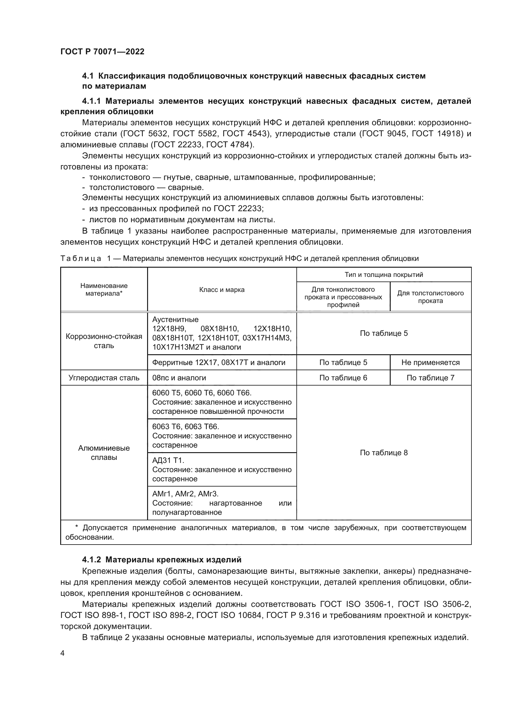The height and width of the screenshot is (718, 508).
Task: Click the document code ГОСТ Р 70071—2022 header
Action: point(102,52)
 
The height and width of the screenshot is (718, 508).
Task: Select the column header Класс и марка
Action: point(222,289)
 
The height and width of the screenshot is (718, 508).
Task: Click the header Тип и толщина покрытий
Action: point(384,274)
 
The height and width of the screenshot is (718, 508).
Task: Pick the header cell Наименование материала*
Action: point(104,289)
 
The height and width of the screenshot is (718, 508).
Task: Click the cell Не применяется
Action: point(430,363)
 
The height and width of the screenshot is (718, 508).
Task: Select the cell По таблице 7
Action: point(430,378)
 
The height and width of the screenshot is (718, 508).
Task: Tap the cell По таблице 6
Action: point(343,378)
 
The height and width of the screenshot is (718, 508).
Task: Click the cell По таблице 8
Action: point(384,453)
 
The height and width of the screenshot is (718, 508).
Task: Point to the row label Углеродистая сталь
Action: point(104,378)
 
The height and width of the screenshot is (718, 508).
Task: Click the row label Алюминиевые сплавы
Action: point(104,452)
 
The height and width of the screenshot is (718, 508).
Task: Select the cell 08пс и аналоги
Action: point(179,378)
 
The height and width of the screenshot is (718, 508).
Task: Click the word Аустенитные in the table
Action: point(175,320)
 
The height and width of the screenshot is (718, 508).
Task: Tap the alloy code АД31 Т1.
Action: point(168,460)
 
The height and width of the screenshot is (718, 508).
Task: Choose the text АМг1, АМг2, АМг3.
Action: point(185,494)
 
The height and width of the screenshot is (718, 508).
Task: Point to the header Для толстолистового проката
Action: point(430,297)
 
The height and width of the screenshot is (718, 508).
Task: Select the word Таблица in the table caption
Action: point(81,258)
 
